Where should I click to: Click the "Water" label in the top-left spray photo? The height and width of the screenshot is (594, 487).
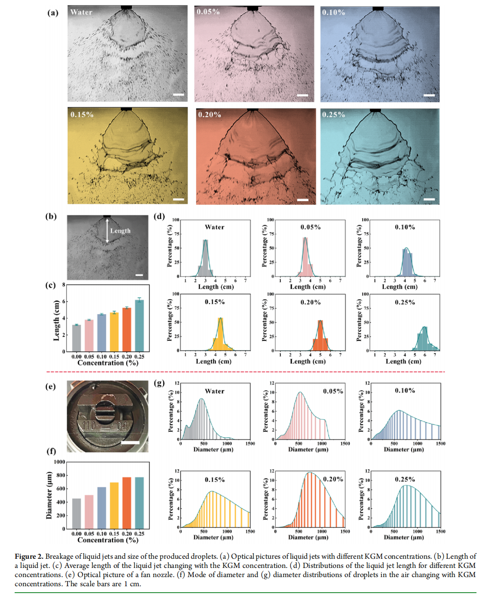tap(81, 12)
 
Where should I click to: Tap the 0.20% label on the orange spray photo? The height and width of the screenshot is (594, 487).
tap(209, 114)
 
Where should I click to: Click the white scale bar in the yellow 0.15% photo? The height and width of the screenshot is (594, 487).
tap(178, 199)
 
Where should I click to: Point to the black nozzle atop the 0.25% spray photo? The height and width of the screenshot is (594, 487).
tap(375, 110)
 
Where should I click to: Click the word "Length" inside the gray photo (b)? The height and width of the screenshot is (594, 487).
tap(120, 231)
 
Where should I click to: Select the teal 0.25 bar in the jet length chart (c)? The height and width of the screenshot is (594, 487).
tap(139, 326)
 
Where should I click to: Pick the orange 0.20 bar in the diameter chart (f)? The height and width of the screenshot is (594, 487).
tap(127, 503)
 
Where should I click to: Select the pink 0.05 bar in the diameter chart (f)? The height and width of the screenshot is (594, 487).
tap(89, 512)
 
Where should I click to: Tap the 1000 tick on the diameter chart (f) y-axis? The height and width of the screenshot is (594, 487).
tap(59, 462)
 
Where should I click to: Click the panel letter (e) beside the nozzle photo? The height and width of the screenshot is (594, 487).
tap(50, 387)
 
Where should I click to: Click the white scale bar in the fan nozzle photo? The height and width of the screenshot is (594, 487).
tap(130, 442)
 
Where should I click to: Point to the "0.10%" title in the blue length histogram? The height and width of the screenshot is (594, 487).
tap(405, 227)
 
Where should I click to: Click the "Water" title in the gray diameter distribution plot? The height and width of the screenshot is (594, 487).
tap(214, 392)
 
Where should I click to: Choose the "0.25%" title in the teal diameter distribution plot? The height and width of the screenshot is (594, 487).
tap(405, 480)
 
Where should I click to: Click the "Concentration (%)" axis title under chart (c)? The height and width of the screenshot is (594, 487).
tap(108, 363)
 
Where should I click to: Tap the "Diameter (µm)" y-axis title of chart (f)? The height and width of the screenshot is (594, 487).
tap(49, 495)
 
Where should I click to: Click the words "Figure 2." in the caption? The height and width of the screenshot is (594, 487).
tap(29, 556)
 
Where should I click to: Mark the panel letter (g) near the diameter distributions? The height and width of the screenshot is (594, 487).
tap(159, 383)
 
